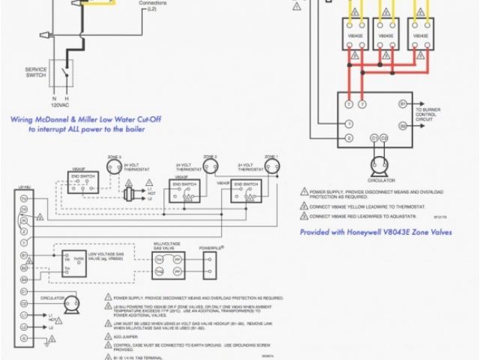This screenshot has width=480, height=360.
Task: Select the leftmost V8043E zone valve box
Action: point(355,35)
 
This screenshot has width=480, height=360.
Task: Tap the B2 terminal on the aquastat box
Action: point(403,126)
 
